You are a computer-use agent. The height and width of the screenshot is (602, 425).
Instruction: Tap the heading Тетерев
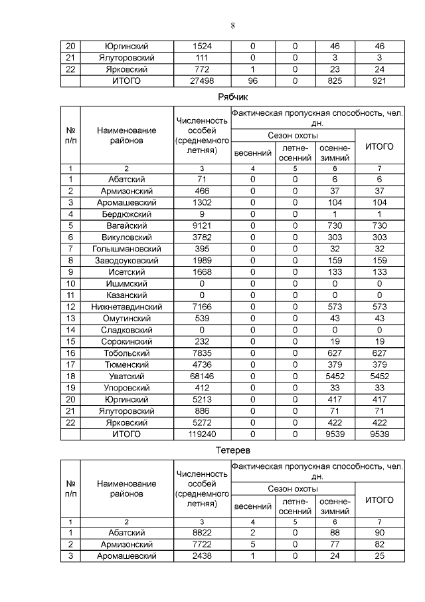point(232,450)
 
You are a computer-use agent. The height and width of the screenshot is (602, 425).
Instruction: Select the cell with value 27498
point(202,80)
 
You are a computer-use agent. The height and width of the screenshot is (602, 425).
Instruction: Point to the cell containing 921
point(379,80)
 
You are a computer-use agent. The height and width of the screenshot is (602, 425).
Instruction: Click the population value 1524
point(202,47)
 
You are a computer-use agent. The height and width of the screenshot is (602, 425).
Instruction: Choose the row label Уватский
point(126,376)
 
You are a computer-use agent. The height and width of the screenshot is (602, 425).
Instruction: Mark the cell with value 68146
point(202,376)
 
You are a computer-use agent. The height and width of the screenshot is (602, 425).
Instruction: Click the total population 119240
point(202,434)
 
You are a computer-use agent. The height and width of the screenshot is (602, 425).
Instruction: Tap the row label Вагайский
point(126,226)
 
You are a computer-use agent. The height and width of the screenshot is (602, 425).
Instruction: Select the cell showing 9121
point(202,226)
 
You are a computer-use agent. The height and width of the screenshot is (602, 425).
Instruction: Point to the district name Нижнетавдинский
point(126,307)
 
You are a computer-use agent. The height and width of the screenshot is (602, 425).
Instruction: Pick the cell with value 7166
point(202,307)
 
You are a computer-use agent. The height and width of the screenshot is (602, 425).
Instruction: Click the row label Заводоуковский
point(126,260)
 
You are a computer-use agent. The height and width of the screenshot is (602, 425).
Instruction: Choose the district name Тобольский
point(126,353)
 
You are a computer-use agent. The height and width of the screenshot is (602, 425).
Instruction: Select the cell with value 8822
point(202,532)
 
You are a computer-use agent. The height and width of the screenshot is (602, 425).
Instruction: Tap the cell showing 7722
point(202,544)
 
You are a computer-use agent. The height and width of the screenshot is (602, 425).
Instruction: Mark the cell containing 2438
point(202,555)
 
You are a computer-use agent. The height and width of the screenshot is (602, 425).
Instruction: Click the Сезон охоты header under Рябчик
point(293,136)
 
